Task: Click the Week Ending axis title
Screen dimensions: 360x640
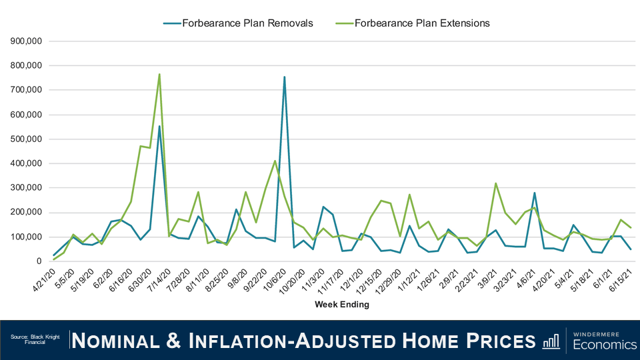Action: [341, 305]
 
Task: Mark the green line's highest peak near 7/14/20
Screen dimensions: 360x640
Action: [159, 75]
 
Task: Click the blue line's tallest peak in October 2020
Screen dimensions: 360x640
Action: [284, 77]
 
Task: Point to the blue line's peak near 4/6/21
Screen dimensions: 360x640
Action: [534, 193]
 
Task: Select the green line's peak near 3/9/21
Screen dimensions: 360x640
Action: [495, 183]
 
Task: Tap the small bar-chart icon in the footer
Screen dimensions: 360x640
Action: [551, 341]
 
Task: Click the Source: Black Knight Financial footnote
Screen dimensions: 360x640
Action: [35, 339]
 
